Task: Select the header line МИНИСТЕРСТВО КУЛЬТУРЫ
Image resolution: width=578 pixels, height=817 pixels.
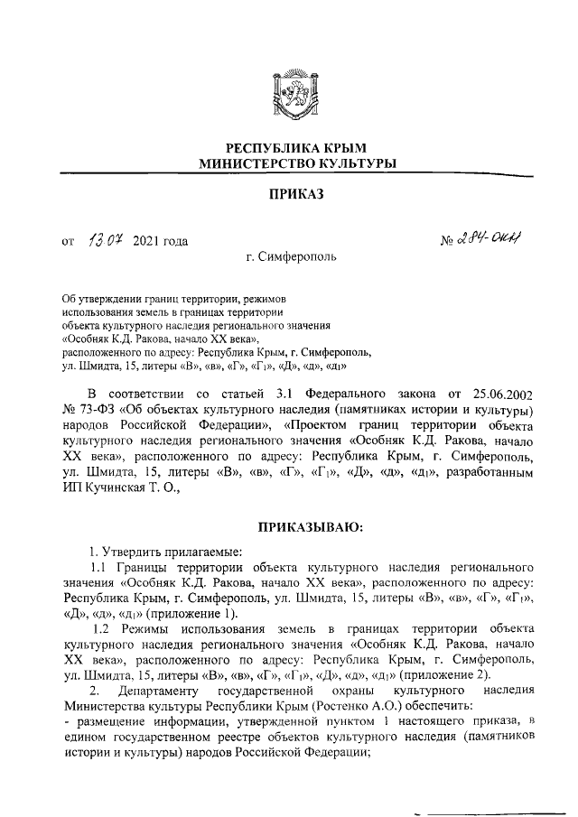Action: tap(290, 163)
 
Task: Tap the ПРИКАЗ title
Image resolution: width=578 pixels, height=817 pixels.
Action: tap(289, 194)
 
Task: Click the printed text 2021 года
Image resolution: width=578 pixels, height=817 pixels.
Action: tap(160, 241)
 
